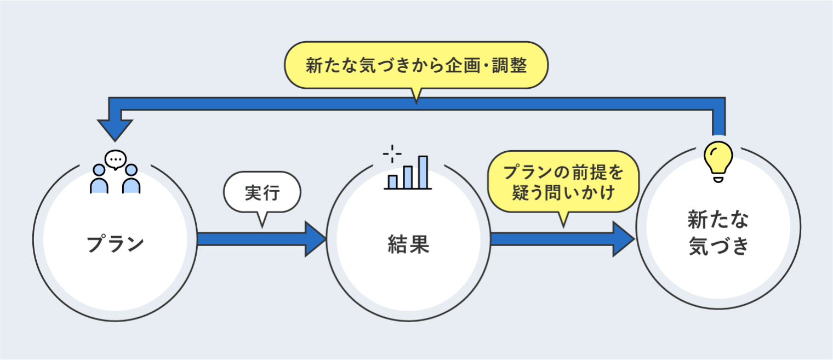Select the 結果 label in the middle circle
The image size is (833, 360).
point(408,244)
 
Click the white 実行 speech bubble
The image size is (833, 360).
point(263,192)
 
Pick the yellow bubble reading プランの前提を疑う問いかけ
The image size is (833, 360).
point(563,182)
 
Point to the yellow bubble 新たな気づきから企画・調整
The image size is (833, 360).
point(416,66)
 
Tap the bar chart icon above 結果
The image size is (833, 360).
point(408,173)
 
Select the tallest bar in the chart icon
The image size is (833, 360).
point(423,172)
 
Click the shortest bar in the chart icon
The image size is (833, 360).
point(392,181)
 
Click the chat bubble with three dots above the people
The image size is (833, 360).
point(115,159)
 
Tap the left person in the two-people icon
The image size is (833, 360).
point(99,180)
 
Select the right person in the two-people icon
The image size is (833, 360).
point(131,180)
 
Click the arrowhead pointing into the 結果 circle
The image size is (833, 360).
point(315,239)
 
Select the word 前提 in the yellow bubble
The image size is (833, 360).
point(589,173)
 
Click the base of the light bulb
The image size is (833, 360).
point(718,178)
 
